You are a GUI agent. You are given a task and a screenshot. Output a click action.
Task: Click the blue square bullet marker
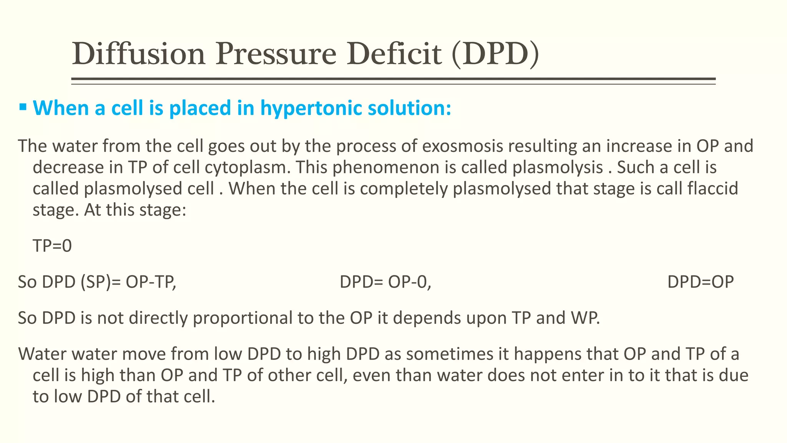(23, 107)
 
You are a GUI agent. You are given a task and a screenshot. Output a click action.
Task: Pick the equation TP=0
(52, 246)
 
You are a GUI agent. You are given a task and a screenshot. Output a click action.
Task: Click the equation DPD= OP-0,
(385, 282)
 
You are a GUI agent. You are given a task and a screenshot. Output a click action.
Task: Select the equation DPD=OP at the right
(700, 282)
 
